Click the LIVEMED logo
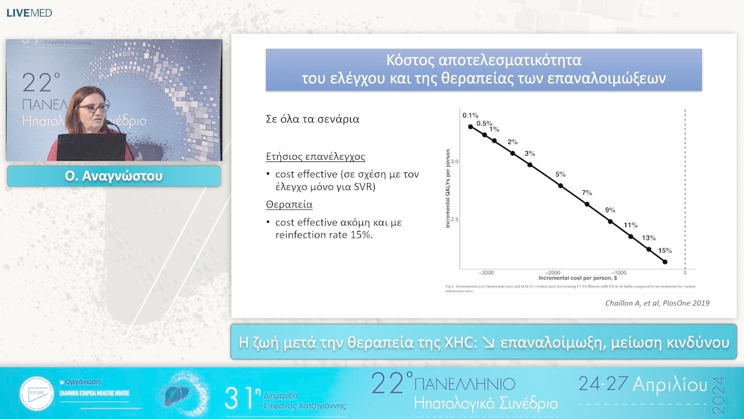pyautogui.click(x=29, y=12)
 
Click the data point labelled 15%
pyautogui.click(x=665, y=262)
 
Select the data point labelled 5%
pyautogui.click(x=560, y=185)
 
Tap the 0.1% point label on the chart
pyautogui.click(x=471, y=116)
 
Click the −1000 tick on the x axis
pyautogui.click(x=619, y=273)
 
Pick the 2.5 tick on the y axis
pyautogui.click(x=454, y=219)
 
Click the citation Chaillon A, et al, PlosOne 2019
pyautogui.click(x=657, y=303)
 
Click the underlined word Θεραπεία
pyautogui.click(x=289, y=205)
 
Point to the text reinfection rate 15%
pyautogui.click(x=324, y=235)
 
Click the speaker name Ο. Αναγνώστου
pyautogui.click(x=114, y=176)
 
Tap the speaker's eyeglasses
pyautogui.click(x=94, y=108)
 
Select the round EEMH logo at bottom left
pyautogui.click(x=37, y=394)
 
